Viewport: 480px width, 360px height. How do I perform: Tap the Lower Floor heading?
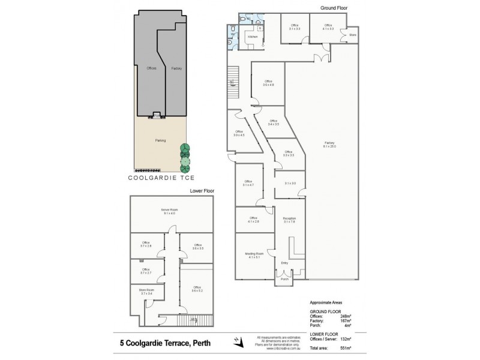(x=202, y=190)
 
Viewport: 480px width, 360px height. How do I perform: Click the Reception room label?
(x=290, y=220)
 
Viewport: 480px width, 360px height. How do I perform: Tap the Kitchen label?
(x=252, y=37)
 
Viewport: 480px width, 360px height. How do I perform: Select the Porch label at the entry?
(x=284, y=278)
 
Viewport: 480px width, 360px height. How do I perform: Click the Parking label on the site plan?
(x=160, y=140)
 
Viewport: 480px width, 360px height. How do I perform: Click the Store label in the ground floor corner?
(x=352, y=35)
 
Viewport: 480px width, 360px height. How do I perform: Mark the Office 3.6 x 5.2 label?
(x=197, y=289)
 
